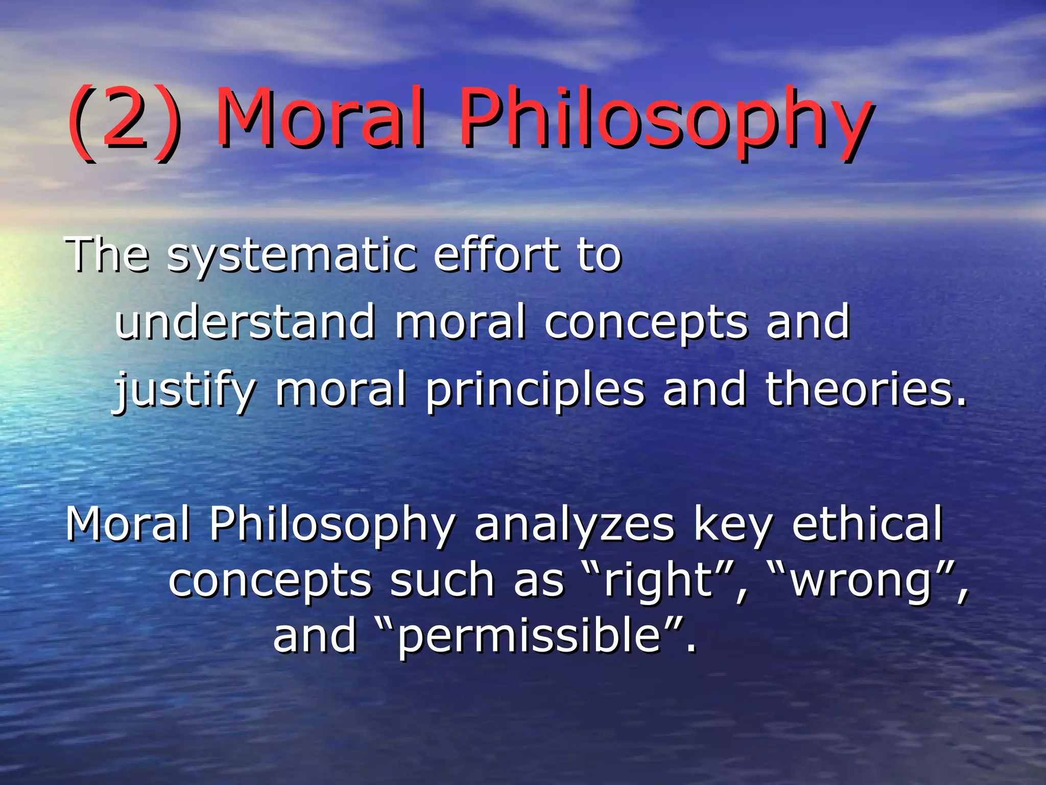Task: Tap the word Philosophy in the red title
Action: coord(664,123)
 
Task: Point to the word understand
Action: coord(245,322)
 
